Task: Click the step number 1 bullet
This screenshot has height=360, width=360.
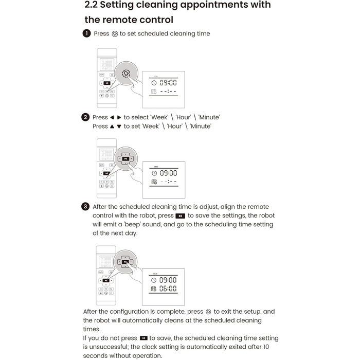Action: click(86, 34)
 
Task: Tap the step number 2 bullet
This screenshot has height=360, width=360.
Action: click(86, 117)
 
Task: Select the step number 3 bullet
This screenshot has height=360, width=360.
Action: click(86, 207)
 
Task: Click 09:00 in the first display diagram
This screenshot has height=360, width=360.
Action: click(168, 82)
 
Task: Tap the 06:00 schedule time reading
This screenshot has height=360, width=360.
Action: click(168, 289)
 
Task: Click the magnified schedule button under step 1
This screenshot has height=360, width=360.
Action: click(126, 73)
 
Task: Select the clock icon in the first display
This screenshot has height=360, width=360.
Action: click(153, 82)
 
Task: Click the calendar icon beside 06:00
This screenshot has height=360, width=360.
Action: click(153, 289)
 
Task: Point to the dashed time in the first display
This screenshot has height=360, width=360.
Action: click(168, 92)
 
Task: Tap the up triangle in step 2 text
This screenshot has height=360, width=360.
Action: click(112, 127)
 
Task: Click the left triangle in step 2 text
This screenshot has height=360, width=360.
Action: click(112, 118)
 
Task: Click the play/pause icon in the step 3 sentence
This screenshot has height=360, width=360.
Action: click(180, 216)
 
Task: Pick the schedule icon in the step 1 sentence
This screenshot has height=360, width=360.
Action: click(115, 34)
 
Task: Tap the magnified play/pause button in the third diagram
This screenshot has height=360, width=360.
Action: click(125, 261)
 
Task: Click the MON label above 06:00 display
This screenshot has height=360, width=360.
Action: click(156, 274)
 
